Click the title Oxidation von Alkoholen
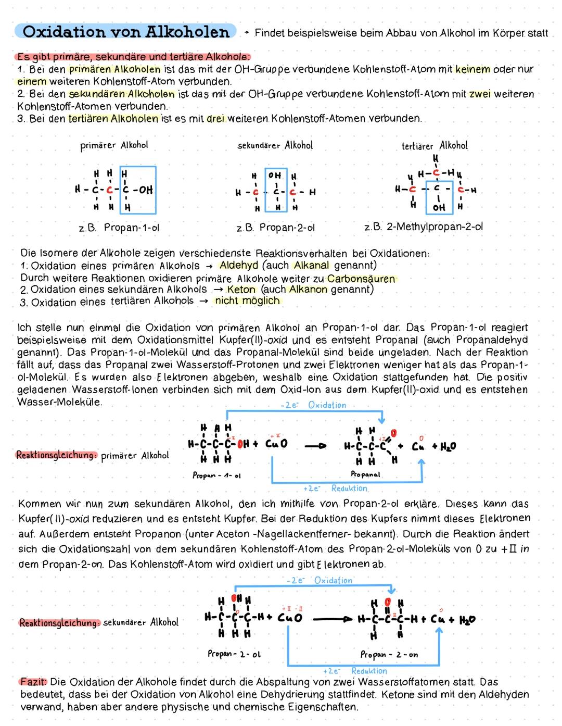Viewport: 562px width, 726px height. tap(126, 32)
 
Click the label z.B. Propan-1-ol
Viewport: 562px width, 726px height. tap(119, 228)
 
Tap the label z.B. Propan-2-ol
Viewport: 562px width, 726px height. tap(275, 228)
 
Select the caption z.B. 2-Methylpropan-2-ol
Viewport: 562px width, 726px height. tap(424, 227)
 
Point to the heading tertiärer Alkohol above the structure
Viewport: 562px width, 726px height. tap(435, 146)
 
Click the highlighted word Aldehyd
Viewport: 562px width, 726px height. tap(239, 265)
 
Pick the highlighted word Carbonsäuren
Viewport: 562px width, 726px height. tap(361, 278)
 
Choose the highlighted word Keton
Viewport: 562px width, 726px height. tap(241, 290)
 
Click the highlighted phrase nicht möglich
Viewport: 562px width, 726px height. tap(247, 301)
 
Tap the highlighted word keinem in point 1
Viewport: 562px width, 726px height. tap(472, 69)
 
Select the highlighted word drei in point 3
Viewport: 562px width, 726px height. tap(215, 118)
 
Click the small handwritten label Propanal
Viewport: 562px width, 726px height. tap(365, 474)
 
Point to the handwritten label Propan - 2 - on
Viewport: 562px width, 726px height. tap(389, 655)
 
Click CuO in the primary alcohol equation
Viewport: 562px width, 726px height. tap(276, 445)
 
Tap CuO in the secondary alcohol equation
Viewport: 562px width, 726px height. tap(290, 619)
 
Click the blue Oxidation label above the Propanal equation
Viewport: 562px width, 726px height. tap(327, 405)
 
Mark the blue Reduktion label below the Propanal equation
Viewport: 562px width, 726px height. tap(349, 489)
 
